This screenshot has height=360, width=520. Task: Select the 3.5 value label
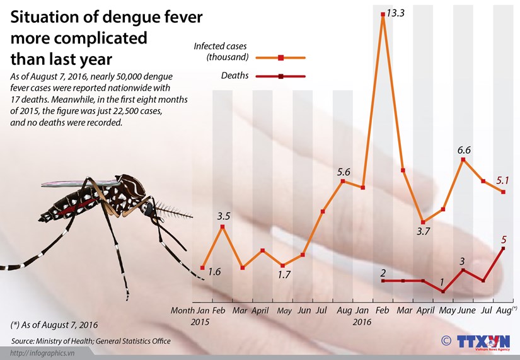222,216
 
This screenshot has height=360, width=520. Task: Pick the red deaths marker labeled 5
503,248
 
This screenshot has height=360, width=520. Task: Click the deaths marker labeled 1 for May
443,292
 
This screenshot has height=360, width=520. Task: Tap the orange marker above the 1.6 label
202,268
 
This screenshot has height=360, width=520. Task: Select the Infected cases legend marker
281,57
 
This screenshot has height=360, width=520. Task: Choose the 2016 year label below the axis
362,322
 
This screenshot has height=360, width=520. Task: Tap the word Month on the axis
183,311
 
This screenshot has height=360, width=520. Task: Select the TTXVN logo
478,342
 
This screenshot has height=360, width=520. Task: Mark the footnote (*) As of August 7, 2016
54,325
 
